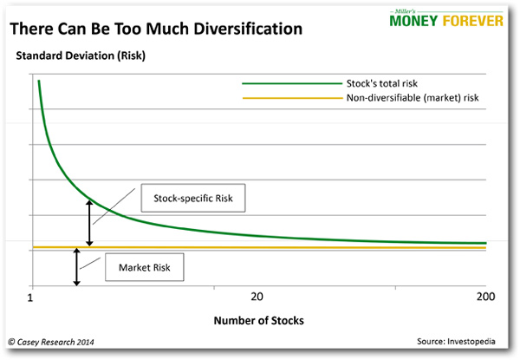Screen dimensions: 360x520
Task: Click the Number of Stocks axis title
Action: (258, 320)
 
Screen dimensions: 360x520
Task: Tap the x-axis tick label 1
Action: (30, 298)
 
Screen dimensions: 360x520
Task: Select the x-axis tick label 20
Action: (257, 298)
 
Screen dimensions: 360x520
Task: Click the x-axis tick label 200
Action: (484, 298)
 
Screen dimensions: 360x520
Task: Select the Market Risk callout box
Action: (145, 268)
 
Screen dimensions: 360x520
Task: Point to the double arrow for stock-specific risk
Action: (88, 222)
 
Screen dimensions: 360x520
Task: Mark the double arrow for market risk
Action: (77, 267)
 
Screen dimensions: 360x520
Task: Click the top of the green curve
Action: (38, 82)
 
